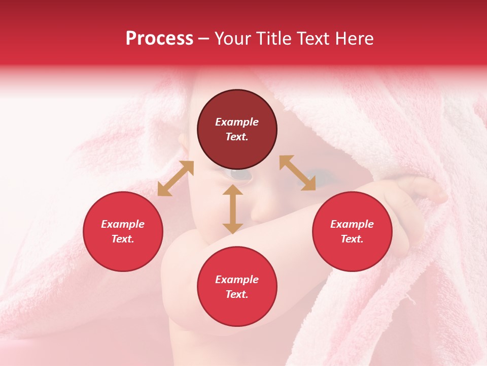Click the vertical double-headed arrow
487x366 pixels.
coord(233,209)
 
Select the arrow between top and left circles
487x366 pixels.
coord(176,178)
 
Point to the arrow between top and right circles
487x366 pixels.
coord(297,173)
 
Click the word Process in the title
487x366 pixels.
coord(159,38)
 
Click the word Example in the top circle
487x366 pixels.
coord(237,122)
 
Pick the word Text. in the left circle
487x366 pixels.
coord(123,239)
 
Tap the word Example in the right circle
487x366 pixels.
coord(352,224)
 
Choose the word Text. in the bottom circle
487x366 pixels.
coord(237,294)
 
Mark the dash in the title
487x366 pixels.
coord(203,39)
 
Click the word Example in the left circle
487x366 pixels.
coord(123,224)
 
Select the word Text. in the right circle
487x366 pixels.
coord(352,239)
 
